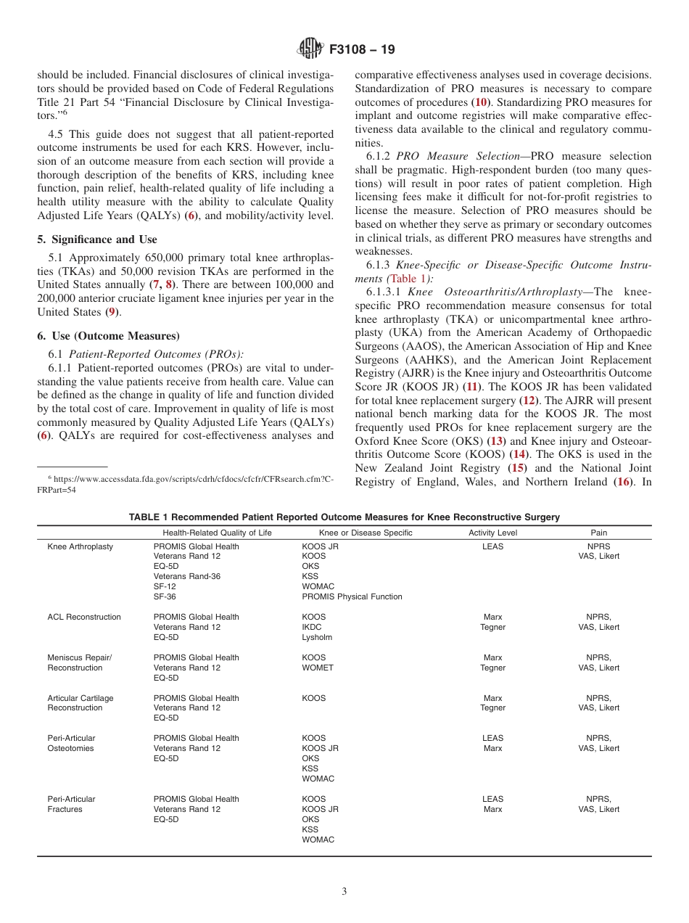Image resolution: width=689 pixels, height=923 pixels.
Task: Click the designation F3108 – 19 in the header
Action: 362,50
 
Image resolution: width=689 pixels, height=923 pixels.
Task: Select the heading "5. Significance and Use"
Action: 97,239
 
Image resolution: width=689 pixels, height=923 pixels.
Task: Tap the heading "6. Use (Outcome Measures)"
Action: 108,336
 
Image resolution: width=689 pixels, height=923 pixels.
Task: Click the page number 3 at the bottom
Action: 344,891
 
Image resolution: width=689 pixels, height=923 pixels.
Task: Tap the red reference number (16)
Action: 623,482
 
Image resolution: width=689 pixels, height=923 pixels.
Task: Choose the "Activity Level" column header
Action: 492,533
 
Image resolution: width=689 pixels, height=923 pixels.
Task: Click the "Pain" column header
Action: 598,533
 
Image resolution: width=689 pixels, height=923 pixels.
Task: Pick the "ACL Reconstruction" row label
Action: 84,617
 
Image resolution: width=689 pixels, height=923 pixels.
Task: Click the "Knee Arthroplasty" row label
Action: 81,546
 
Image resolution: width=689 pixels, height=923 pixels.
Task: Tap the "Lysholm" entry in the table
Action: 317,637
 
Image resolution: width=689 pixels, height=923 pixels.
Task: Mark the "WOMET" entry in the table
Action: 318,668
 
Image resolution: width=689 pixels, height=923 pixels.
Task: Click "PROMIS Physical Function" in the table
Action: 352,596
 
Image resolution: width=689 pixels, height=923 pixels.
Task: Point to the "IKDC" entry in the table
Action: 312,627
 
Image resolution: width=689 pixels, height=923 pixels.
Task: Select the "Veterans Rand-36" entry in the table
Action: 187,576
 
